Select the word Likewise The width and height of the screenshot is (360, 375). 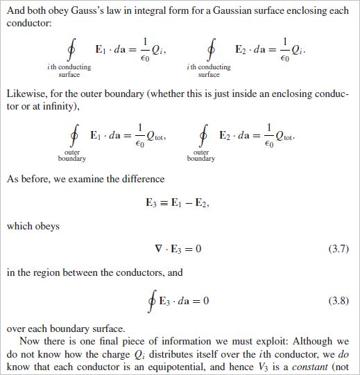(26, 95)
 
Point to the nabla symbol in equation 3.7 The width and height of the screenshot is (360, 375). (157, 249)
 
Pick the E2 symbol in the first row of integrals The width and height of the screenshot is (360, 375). (243, 50)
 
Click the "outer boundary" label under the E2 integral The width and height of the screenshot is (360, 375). (201, 155)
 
